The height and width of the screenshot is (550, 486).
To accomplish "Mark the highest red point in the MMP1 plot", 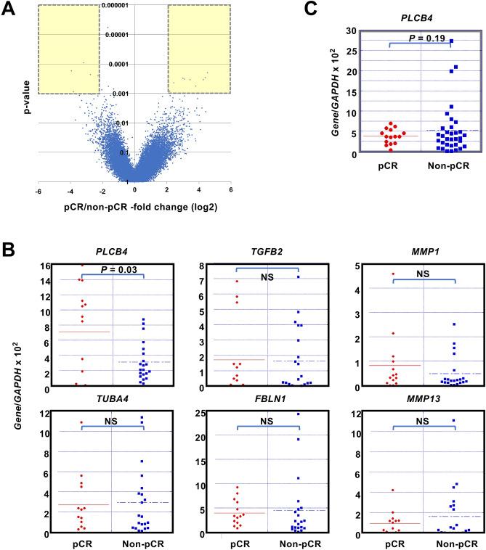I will [x=393, y=274].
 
